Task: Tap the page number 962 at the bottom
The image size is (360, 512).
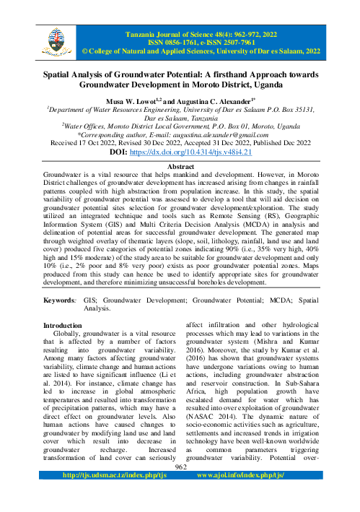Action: tap(180, 487)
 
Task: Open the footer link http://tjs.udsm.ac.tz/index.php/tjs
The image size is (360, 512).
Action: tap(114, 497)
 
